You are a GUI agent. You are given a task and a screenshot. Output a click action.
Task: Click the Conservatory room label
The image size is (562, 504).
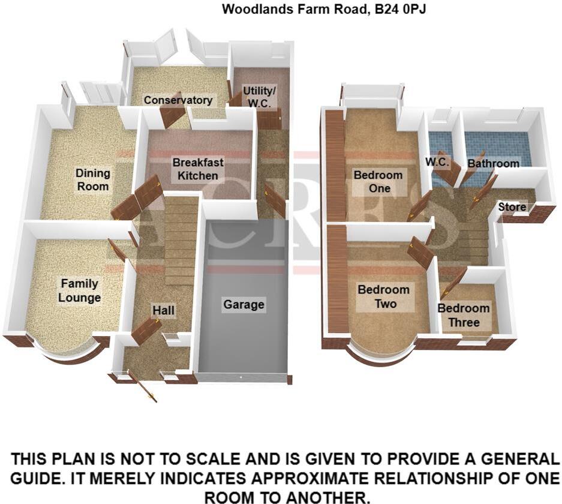[x=178, y=100]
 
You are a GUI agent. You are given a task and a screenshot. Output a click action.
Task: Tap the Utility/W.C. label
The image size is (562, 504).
[x=260, y=97]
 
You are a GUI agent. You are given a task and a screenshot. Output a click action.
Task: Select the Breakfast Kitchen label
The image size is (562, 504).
[x=198, y=169]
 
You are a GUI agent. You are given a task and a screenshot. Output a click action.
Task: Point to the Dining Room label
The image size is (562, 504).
[x=93, y=179]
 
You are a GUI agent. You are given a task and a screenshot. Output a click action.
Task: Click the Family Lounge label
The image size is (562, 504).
[x=79, y=290]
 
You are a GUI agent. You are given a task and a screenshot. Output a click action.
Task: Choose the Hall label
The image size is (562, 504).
[x=163, y=310]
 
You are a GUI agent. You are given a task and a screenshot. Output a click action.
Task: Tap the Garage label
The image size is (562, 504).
[x=244, y=305]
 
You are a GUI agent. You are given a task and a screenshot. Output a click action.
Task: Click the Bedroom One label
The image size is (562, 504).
[x=378, y=181]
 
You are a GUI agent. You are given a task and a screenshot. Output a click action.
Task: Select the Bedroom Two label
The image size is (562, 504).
[x=383, y=297]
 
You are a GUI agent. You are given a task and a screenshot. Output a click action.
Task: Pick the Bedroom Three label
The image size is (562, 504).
[x=464, y=316]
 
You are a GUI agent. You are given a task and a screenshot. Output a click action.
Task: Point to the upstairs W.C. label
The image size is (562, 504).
[x=437, y=162]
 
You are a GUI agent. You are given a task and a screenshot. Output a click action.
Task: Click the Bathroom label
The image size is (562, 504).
[x=493, y=163]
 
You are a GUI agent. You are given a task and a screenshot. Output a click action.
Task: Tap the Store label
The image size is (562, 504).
[x=512, y=207]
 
